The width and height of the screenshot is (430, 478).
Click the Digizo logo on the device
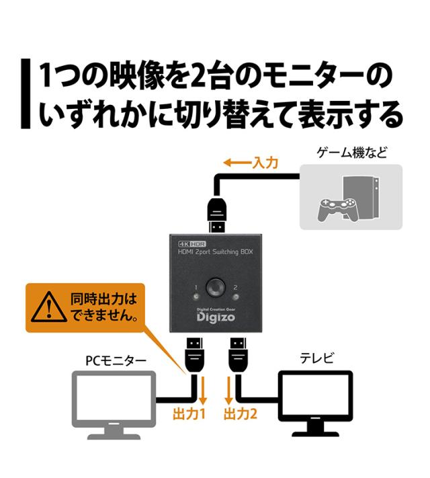(x=216, y=319)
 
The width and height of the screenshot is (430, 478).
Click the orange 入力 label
(x=265, y=163)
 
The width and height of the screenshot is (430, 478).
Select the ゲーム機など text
(x=352, y=152)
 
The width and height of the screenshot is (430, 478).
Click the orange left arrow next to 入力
(x=236, y=163)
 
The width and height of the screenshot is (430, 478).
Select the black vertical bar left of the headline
(x=26, y=94)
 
